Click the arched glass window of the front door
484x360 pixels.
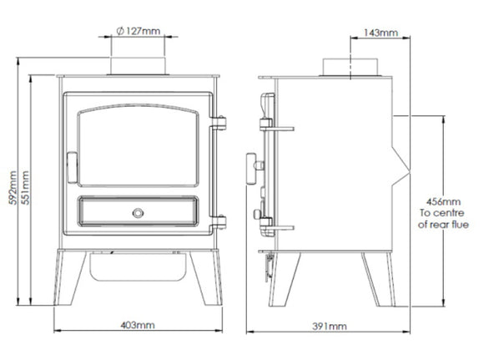pos(137,142)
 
